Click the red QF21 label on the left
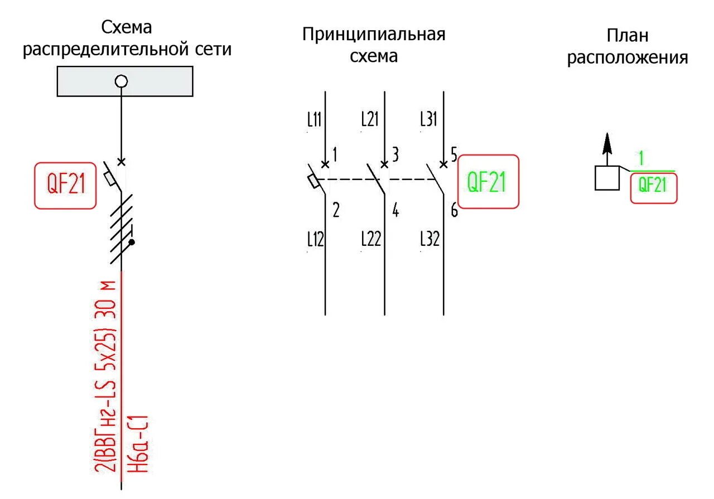click(65, 186)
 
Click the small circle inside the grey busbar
click(121, 81)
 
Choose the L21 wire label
click(370, 119)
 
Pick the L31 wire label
click(428, 119)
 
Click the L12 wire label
click(316, 239)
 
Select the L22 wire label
click(371, 239)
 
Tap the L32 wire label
click(430, 239)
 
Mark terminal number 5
click(454, 153)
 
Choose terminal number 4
click(395, 211)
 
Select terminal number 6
click(454, 211)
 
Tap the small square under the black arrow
click(607, 178)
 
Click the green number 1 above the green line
click(641, 159)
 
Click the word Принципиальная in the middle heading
click(374, 35)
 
